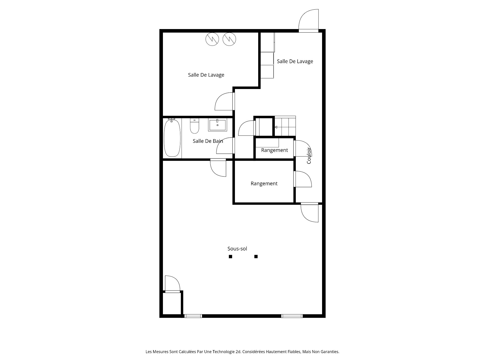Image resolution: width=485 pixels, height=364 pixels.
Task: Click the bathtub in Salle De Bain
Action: tap(172, 138)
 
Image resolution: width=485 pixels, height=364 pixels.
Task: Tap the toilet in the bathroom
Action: tap(195, 126)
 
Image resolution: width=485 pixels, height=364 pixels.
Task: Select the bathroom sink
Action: tap(217, 125)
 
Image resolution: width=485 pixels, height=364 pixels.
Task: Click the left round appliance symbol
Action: tap(212, 39)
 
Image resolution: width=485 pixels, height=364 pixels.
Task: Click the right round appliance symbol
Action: tap(229, 39)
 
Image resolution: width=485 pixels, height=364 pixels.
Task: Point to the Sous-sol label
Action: tap(237, 249)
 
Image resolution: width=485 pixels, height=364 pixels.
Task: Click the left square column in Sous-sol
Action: tap(230, 257)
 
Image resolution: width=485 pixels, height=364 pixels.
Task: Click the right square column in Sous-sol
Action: tap(256, 257)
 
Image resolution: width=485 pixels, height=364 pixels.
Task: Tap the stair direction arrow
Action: tap(276, 127)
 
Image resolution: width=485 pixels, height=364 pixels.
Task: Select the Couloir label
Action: tap(309, 156)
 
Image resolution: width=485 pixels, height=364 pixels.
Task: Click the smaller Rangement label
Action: tap(274, 150)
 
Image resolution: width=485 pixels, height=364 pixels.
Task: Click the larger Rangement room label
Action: tap(264, 184)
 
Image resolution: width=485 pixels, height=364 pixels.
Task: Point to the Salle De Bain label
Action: tap(208, 141)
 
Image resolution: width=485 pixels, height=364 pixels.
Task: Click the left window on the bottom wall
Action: tap(193, 316)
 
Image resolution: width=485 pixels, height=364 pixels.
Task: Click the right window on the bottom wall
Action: tap(292, 316)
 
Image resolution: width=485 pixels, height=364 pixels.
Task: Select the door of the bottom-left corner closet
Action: tap(173, 284)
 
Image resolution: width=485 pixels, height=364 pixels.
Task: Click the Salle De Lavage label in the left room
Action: tap(206, 75)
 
